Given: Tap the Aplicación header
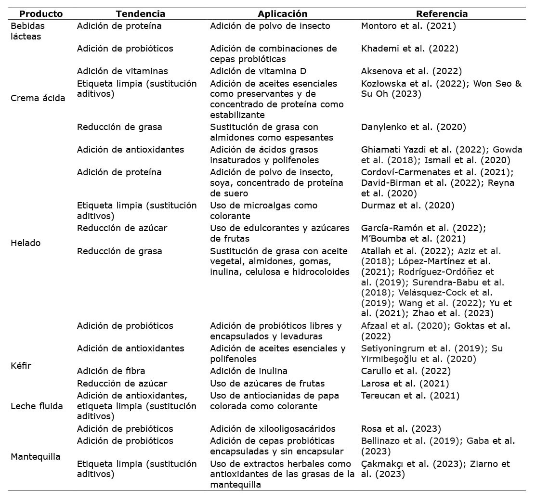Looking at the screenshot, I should pos(282,14).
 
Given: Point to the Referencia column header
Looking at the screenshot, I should pos(442,14).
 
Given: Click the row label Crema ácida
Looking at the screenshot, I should pos(38,98).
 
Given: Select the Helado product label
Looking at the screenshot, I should pos(26,243).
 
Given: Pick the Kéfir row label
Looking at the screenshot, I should pos(21,366).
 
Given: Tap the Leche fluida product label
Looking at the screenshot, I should pos(37,406).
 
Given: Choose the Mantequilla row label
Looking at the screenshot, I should pos(35,457).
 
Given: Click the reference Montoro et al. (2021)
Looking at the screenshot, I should pos(408,26).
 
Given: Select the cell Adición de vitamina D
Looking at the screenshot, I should pos(258,71).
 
